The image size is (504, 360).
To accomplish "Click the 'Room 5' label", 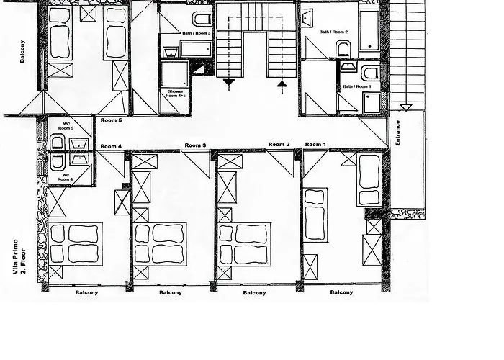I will (111, 120).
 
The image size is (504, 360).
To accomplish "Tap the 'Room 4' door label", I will (111, 147).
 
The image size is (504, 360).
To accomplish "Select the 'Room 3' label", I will (195, 145).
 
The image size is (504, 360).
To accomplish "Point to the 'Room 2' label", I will (279, 145).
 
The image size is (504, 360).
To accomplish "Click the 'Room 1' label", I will (315, 145).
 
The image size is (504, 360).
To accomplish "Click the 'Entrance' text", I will (398, 133).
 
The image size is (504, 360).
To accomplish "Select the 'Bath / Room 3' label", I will (195, 34).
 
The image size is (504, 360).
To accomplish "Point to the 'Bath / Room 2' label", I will (334, 32).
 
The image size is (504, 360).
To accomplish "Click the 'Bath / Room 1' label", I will (357, 86).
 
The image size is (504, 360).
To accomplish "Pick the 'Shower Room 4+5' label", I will (176, 94).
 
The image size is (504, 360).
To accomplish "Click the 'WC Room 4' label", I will (65, 177).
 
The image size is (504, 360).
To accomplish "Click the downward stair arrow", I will (229, 84).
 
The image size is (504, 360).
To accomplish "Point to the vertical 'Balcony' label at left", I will (23, 50).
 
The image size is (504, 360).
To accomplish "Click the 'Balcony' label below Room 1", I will (341, 292).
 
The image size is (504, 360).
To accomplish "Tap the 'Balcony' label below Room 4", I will (86, 292).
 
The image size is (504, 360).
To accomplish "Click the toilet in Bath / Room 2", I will (343, 48).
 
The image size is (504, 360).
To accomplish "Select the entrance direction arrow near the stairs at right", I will (405, 107).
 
